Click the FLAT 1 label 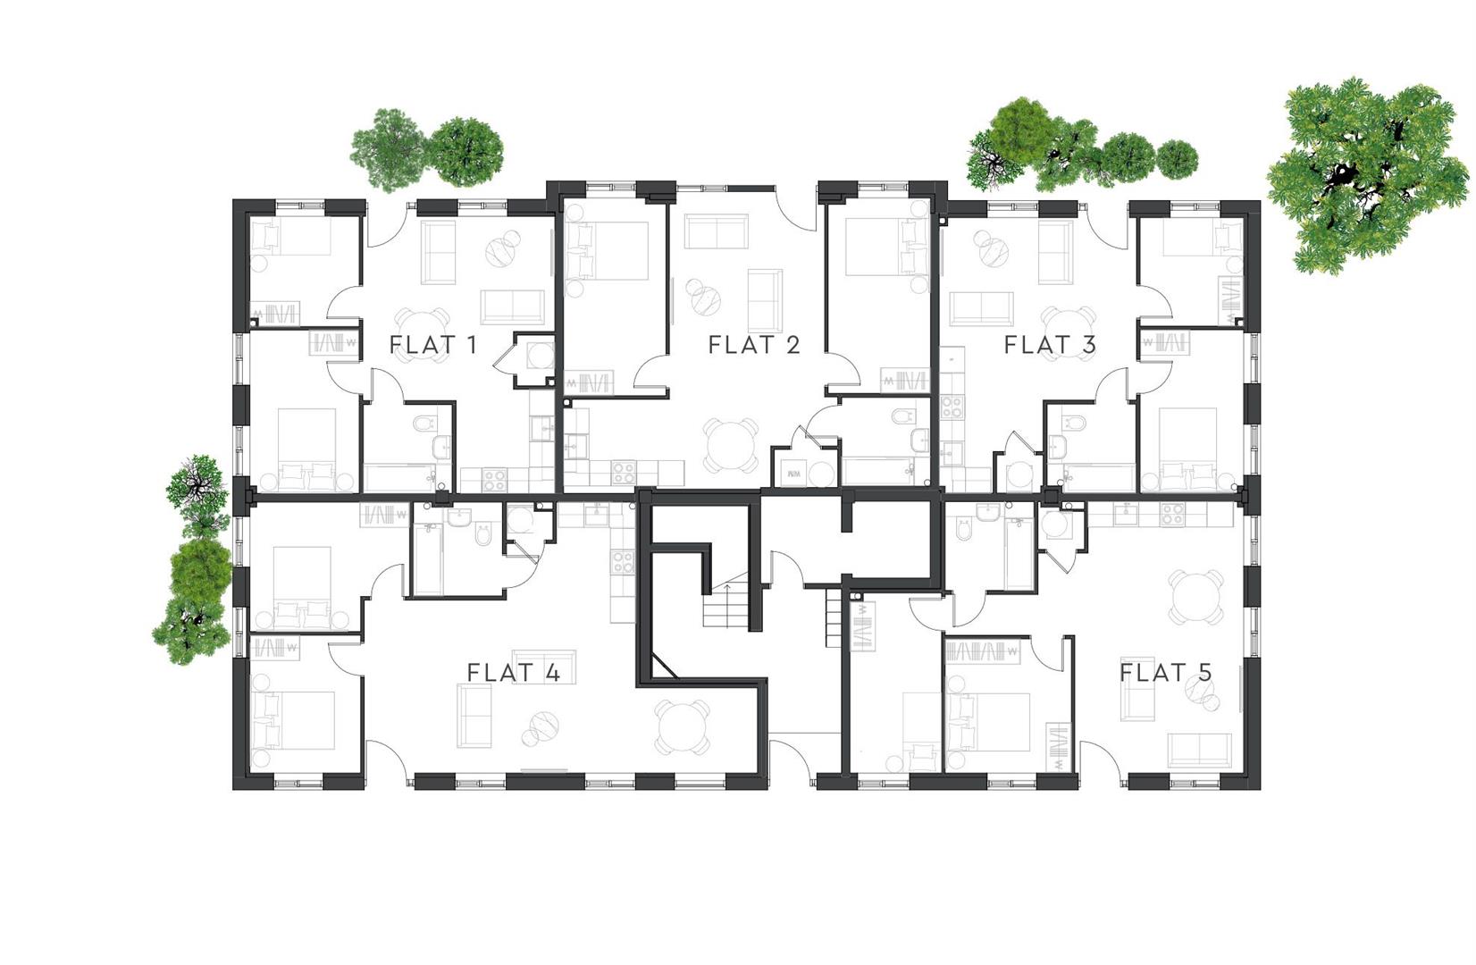[432, 345]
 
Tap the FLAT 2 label [753, 345]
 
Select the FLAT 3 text [1049, 345]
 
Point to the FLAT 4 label [514, 673]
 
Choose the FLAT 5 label [1165, 673]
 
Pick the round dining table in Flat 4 [683, 726]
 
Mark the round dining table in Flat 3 [1069, 330]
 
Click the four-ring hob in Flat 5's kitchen [1172, 514]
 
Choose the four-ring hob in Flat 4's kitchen [622, 562]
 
